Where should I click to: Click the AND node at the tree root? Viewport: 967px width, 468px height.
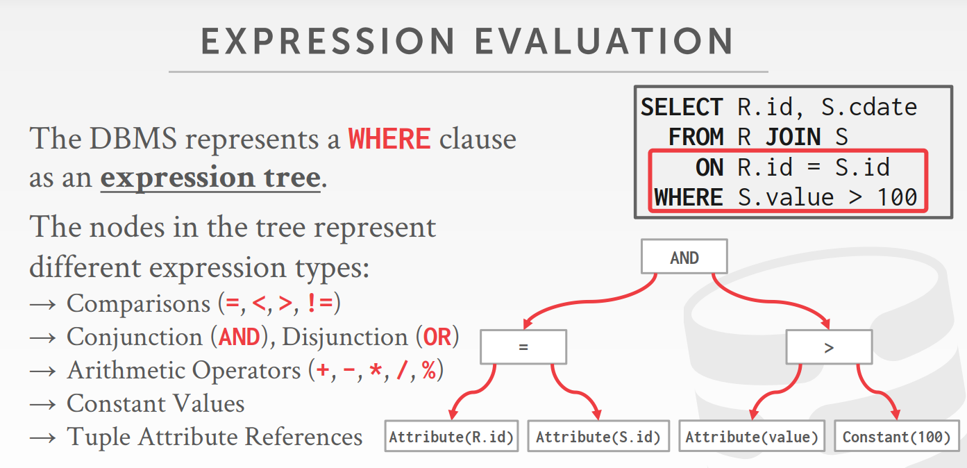pyautogui.click(x=684, y=256)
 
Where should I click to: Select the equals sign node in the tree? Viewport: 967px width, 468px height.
pyautogui.click(x=523, y=347)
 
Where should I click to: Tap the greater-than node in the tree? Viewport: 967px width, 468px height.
pyautogui.click(x=829, y=347)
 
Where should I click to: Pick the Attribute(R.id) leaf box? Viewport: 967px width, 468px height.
pyautogui.click(x=451, y=436)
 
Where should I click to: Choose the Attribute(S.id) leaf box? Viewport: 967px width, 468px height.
pyautogui.click(x=598, y=436)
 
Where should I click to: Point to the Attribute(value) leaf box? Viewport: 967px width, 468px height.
pyautogui.click(x=752, y=436)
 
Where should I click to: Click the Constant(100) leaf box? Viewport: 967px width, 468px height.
pyautogui.click(x=897, y=436)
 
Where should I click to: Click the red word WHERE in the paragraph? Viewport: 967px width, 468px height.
pyautogui.click(x=389, y=139)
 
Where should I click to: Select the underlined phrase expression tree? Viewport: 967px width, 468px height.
pyautogui.click(x=210, y=177)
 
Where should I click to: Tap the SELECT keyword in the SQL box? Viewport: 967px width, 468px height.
pyautogui.click(x=682, y=107)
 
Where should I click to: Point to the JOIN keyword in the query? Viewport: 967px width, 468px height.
pyautogui.click(x=793, y=137)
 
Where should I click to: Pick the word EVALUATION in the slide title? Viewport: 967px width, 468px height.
pyautogui.click(x=604, y=41)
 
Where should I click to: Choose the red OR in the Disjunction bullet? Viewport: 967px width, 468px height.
pyautogui.click(x=437, y=337)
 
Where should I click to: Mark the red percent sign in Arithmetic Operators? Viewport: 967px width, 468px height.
pyautogui.click(x=429, y=370)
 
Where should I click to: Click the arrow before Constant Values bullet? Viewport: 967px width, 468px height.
pyautogui.click(x=43, y=405)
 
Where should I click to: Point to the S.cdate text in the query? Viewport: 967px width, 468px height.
pyautogui.click(x=869, y=107)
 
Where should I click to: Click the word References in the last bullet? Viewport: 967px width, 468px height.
pyautogui.click(x=303, y=437)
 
